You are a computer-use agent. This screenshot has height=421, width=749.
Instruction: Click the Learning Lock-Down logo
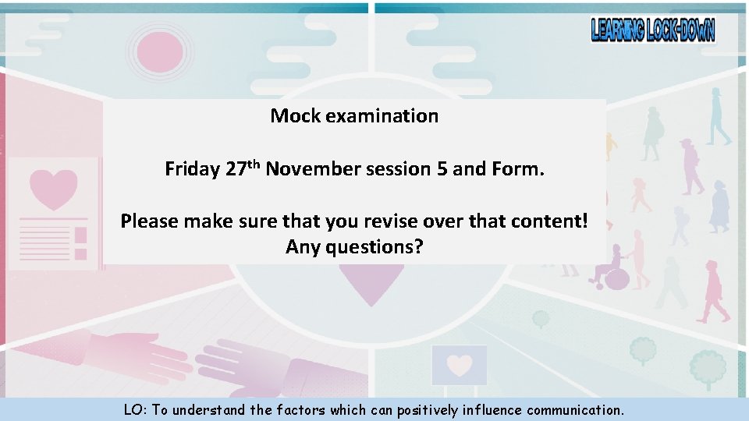click(x=652, y=30)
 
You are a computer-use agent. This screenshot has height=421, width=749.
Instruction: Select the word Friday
click(x=192, y=169)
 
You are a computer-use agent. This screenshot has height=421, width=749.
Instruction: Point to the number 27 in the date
click(x=236, y=169)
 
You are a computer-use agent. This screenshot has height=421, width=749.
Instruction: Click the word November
click(x=311, y=169)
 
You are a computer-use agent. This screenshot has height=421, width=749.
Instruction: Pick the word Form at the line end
click(x=519, y=169)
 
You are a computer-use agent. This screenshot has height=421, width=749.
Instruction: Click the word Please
click(x=149, y=221)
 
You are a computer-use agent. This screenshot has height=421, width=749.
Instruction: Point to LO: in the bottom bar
click(x=136, y=410)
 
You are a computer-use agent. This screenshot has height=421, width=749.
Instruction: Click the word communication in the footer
click(x=575, y=410)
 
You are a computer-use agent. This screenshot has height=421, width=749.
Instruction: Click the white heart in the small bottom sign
click(x=460, y=365)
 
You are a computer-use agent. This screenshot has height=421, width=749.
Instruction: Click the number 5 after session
click(x=442, y=169)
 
